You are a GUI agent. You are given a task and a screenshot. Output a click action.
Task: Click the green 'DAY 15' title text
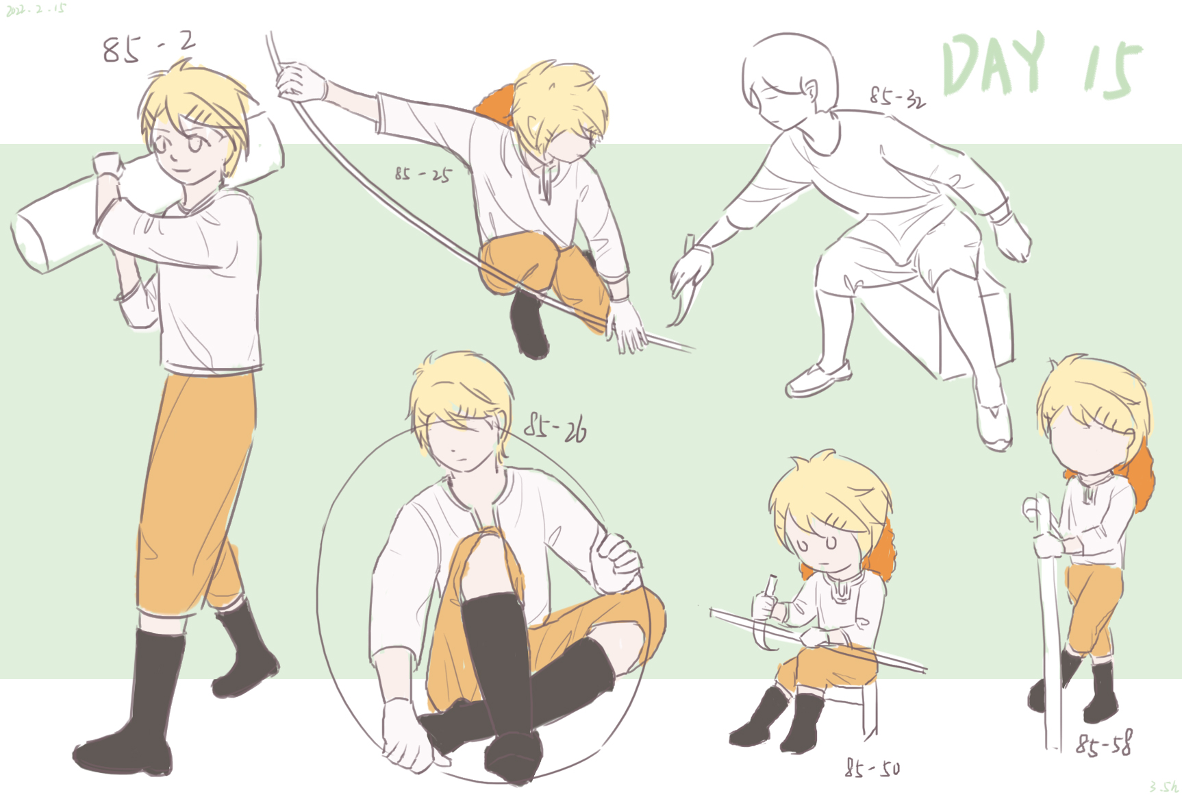tap(1041, 65)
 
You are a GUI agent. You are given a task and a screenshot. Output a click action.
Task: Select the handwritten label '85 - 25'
tap(423, 174)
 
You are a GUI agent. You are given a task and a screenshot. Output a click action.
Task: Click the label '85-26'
tap(555, 429)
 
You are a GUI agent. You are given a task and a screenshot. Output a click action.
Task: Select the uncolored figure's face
tap(777, 103)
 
